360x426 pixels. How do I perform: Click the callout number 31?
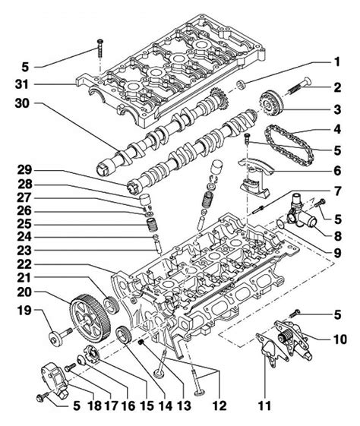coord(22,84)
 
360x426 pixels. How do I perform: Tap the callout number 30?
coord(22,103)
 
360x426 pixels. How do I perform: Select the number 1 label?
coord(337,62)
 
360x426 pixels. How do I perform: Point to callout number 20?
coord(24,292)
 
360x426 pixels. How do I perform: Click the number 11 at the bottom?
coord(264,406)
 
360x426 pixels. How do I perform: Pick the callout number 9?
coord(337,253)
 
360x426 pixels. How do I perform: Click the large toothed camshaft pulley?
coord(90,320)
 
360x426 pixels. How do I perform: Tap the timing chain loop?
coord(289,146)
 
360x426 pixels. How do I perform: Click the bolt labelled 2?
coord(298,86)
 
